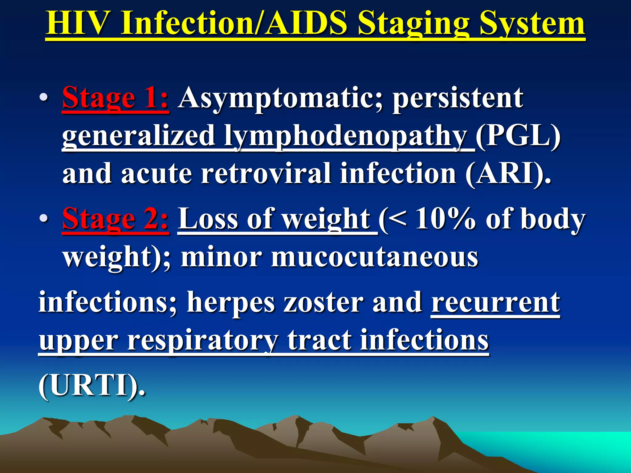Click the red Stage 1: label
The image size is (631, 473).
[x=115, y=98]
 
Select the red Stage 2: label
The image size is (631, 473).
[x=115, y=219]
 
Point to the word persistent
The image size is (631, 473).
[x=458, y=98]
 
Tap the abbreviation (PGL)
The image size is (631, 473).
[x=518, y=135]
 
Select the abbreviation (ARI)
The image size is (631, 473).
[x=507, y=173]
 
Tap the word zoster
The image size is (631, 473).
[x=323, y=302]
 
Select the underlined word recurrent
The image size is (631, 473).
[x=495, y=302]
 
